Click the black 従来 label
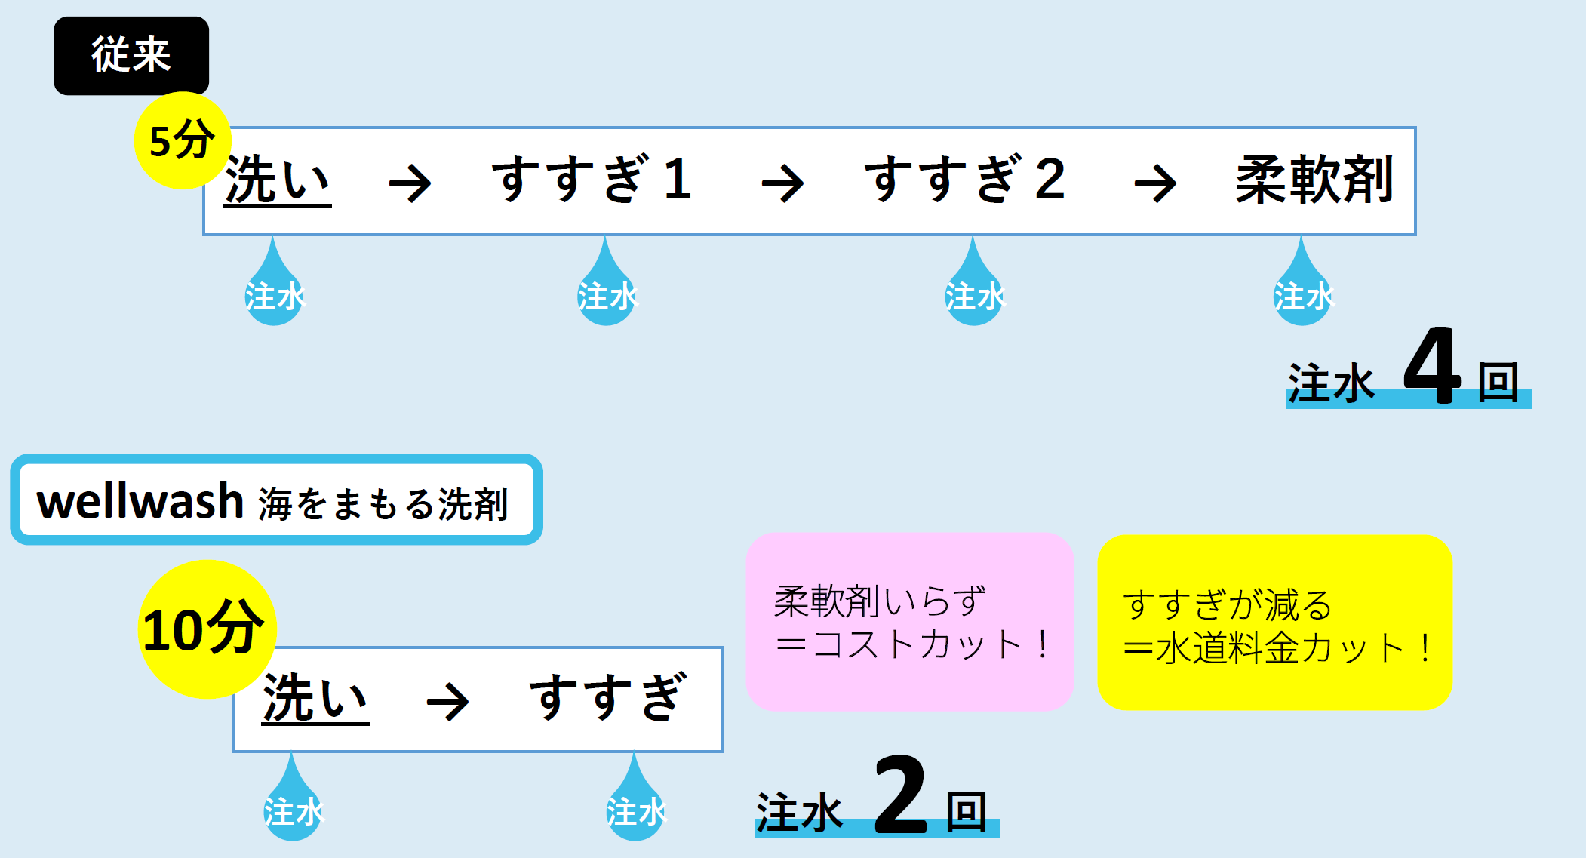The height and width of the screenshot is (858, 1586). pyautogui.click(x=131, y=56)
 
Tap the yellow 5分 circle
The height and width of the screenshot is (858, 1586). pyautogui.click(x=182, y=140)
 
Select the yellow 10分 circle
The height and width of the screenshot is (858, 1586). pyautogui.click(x=207, y=629)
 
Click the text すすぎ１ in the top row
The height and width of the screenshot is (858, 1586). pyautogui.click(x=592, y=180)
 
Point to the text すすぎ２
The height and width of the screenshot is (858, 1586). pyautogui.click(x=965, y=180)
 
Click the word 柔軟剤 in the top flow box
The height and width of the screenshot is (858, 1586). pyautogui.click(x=1314, y=180)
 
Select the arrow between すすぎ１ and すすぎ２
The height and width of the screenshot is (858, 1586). pyautogui.click(x=782, y=184)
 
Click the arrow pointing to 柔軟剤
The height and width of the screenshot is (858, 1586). pyautogui.click(x=1155, y=184)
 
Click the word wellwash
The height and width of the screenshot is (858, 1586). pyautogui.click(x=140, y=501)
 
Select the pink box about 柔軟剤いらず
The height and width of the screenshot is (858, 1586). pyautogui.click(x=909, y=622)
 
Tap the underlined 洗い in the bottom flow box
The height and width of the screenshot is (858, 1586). pyautogui.click(x=315, y=700)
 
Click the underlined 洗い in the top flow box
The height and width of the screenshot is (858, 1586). pyautogui.click(x=278, y=181)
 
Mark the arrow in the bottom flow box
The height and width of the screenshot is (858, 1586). pyautogui.click(x=447, y=702)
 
